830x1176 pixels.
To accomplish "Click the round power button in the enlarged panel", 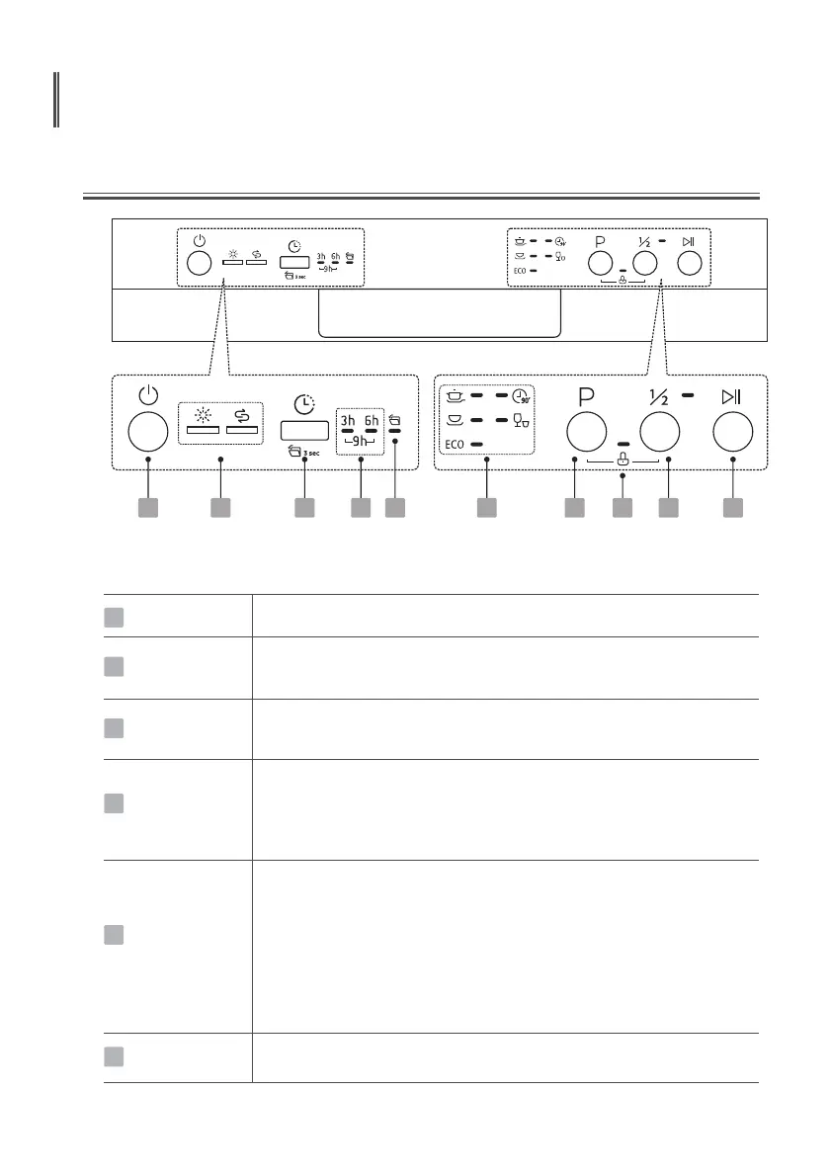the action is [147, 433].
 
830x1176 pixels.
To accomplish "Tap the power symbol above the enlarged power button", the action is [147, 396].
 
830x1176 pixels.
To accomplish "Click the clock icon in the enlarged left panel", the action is [304, 403].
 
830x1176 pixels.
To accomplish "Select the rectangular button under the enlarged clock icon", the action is [304, 431].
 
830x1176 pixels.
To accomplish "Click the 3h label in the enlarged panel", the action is [348, 420].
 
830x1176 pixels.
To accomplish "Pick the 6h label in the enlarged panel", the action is [371, 420].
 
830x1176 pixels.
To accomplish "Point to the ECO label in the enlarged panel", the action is [454, 445].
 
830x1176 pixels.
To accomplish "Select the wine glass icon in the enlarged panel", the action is [522, 421].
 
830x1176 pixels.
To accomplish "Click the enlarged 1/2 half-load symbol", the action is [659, 396].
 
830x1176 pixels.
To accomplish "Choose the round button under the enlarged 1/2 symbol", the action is [659, 433].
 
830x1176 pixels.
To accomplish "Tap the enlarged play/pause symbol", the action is [731, 396].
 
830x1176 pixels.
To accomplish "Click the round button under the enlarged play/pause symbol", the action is [732, 433].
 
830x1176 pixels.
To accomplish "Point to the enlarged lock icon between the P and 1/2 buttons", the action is [622, 460].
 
